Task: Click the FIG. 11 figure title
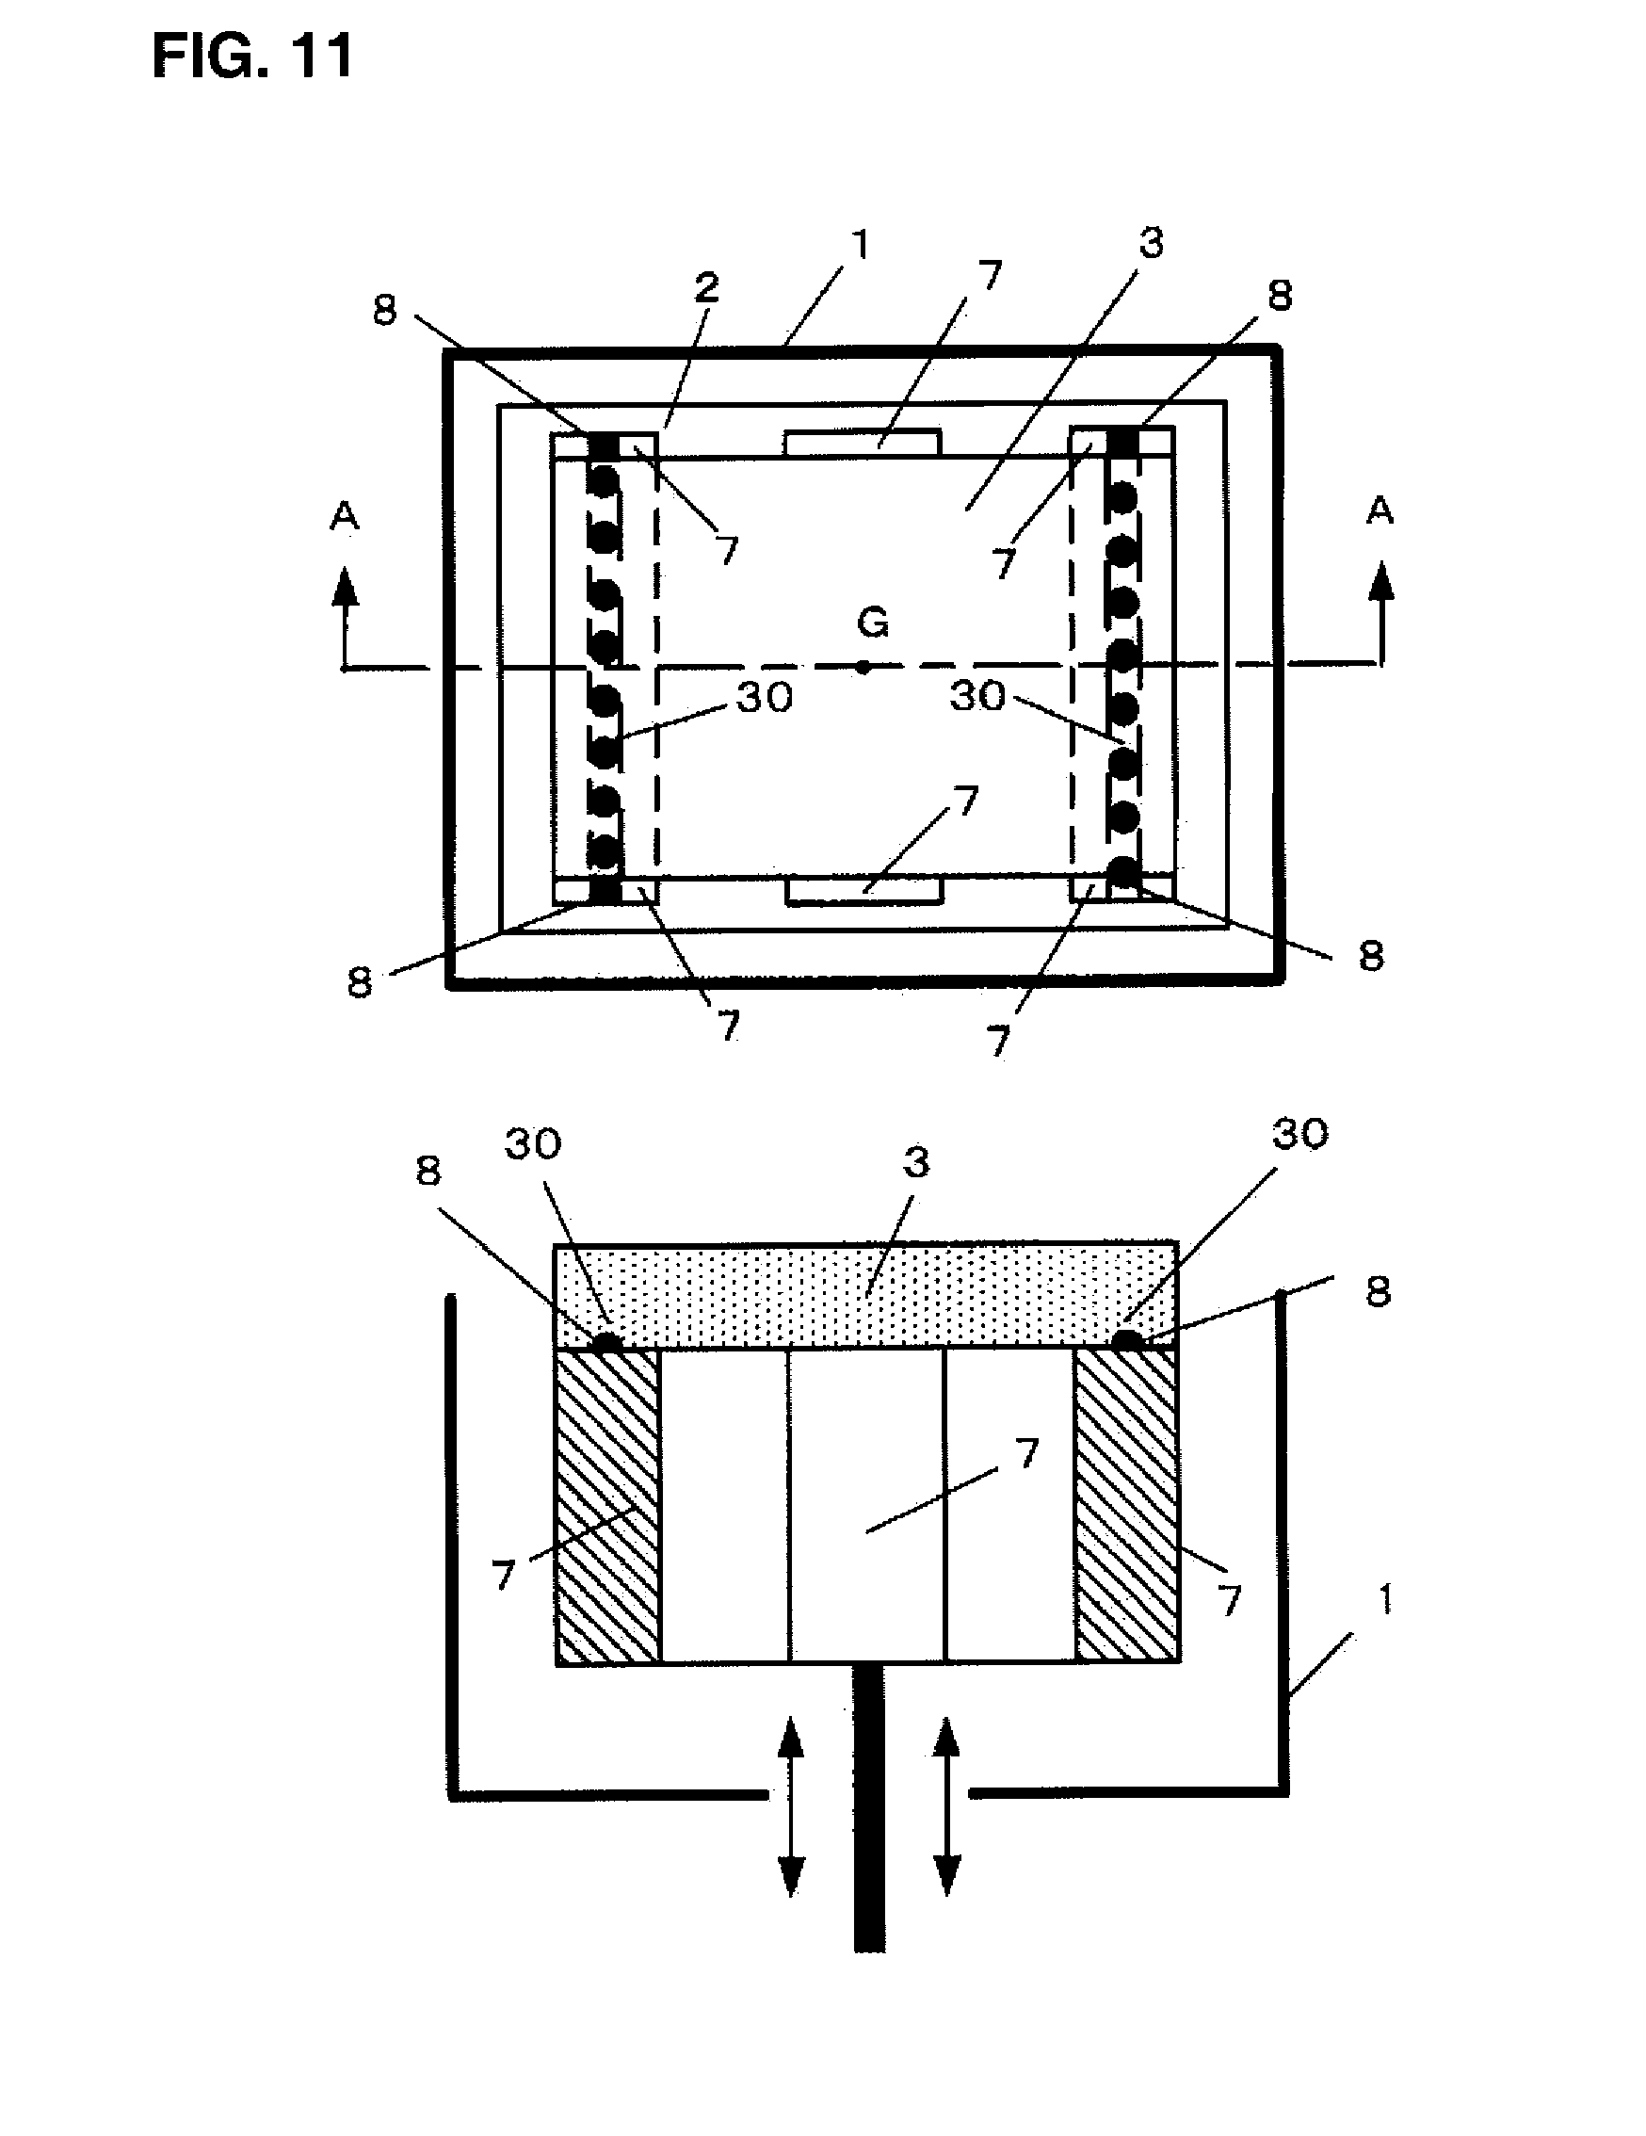pyautogui.click(x=252, y=57)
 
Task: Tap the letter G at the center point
pyautogui.click(x=872, y=622)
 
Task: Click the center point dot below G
pyautogui.click(x=863, y=667)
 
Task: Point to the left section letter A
pyautogui.click(x=345, y=515)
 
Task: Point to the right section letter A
pyautogui.click(x=1379, y=510)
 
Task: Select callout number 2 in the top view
pyautogui.click(x=706, y=286)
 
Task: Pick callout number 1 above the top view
pyautogui.click(x=860, y=245)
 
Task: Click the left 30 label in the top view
pyautogui.click(x=764, y=697)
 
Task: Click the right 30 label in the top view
pyautogui.click(x=977, y=695)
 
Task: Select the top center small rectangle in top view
pyautogui.click(x=862, y=442)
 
